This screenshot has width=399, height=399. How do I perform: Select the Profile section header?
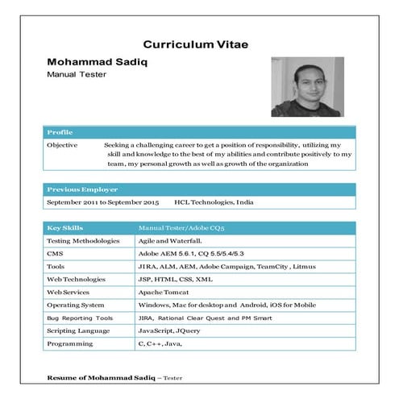point(60,131)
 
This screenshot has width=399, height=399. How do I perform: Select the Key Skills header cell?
point(64,228)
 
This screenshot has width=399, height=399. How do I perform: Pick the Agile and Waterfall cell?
point(170,240)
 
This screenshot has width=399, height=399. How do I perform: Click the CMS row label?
point(55,253)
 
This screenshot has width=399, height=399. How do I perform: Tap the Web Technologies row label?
point(78,279)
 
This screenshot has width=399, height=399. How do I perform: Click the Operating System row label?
point(77,305)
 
